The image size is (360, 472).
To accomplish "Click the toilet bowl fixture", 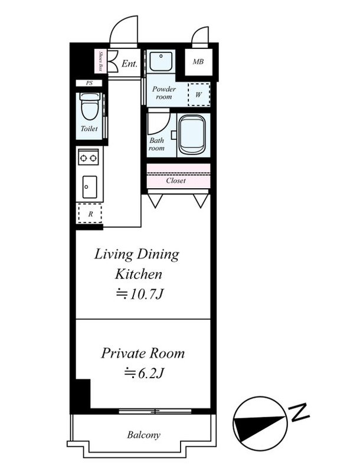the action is click(89, 107).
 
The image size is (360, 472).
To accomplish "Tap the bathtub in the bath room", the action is click(192, 136).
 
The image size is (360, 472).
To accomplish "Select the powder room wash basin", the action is click(161, 62).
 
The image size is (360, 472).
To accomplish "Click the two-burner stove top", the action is click(88, 158).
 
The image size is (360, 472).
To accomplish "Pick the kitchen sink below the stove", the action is click(90, 187).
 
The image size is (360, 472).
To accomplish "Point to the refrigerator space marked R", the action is click(90, 214).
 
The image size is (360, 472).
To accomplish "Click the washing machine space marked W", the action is click(199, 94).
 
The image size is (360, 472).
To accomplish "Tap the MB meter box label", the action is click(198, 62).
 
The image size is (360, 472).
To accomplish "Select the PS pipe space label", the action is click(89, 83).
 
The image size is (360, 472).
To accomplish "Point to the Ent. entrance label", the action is click(129, 64).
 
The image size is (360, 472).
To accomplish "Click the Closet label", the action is click(176, 181).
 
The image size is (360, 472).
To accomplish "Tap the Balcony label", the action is click(143, 435).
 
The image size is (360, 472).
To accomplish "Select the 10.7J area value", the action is click(146, 294).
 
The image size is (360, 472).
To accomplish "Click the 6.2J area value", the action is click(150, 373).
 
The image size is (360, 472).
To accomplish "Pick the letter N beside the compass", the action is click(299, 412).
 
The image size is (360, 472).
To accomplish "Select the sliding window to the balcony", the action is click(155, 411).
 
